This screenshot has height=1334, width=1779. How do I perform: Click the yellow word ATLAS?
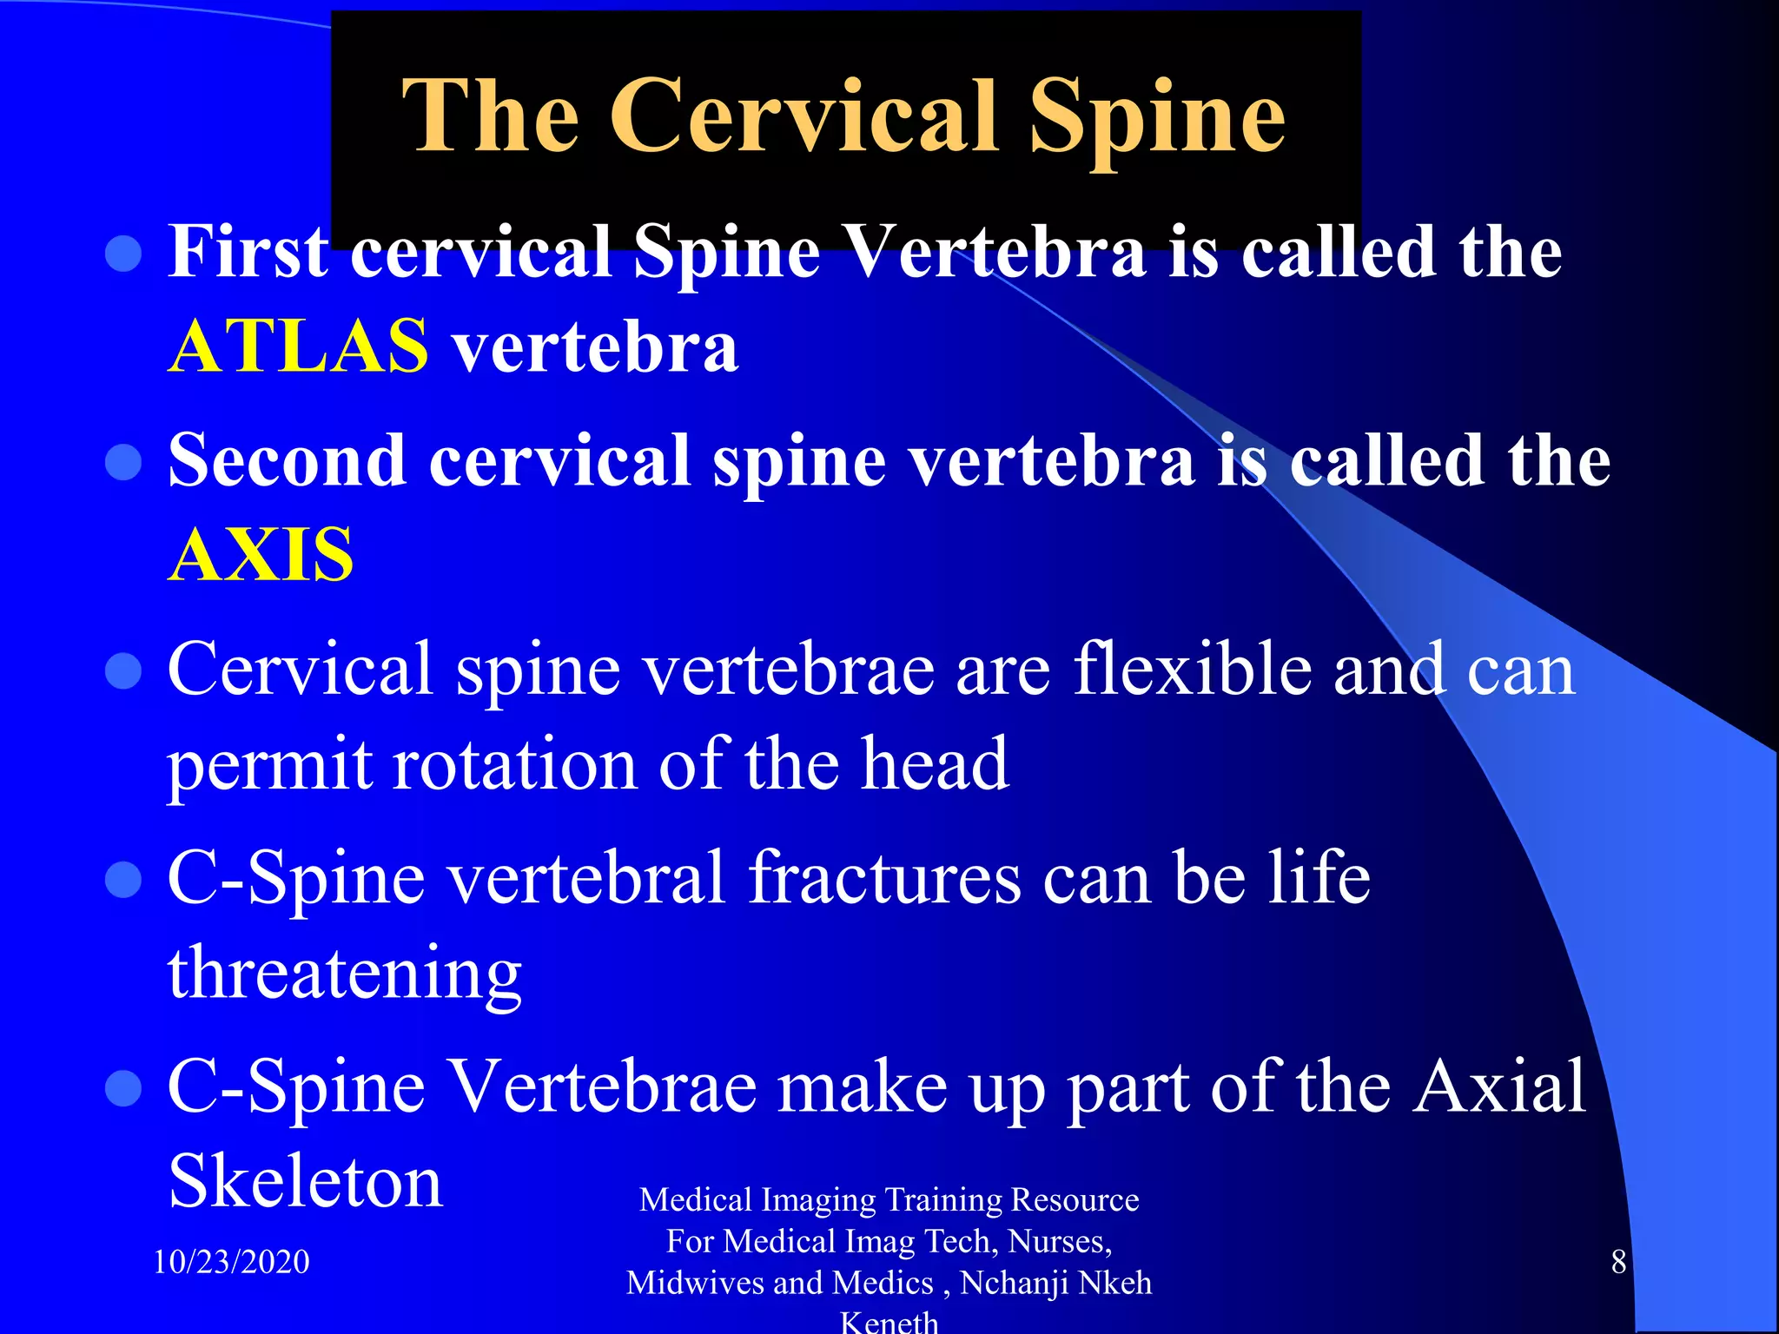point(298,347)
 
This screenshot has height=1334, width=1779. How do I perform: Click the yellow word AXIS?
point(261,555)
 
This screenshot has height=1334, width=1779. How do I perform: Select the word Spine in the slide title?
point(1156,118)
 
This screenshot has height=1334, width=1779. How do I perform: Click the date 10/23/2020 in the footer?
point(231,1261)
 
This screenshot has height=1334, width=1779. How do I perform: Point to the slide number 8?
point(1618,1261)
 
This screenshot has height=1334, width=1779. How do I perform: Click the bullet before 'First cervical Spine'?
point(123,254)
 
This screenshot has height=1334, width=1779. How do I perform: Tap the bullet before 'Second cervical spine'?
point(123,462)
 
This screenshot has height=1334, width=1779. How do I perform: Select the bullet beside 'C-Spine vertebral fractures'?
point(123,879)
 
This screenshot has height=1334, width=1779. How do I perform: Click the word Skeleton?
point(305,1181)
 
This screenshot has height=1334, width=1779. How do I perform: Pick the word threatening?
point(345,973)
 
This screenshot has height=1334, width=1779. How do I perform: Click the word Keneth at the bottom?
point(889,1322)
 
